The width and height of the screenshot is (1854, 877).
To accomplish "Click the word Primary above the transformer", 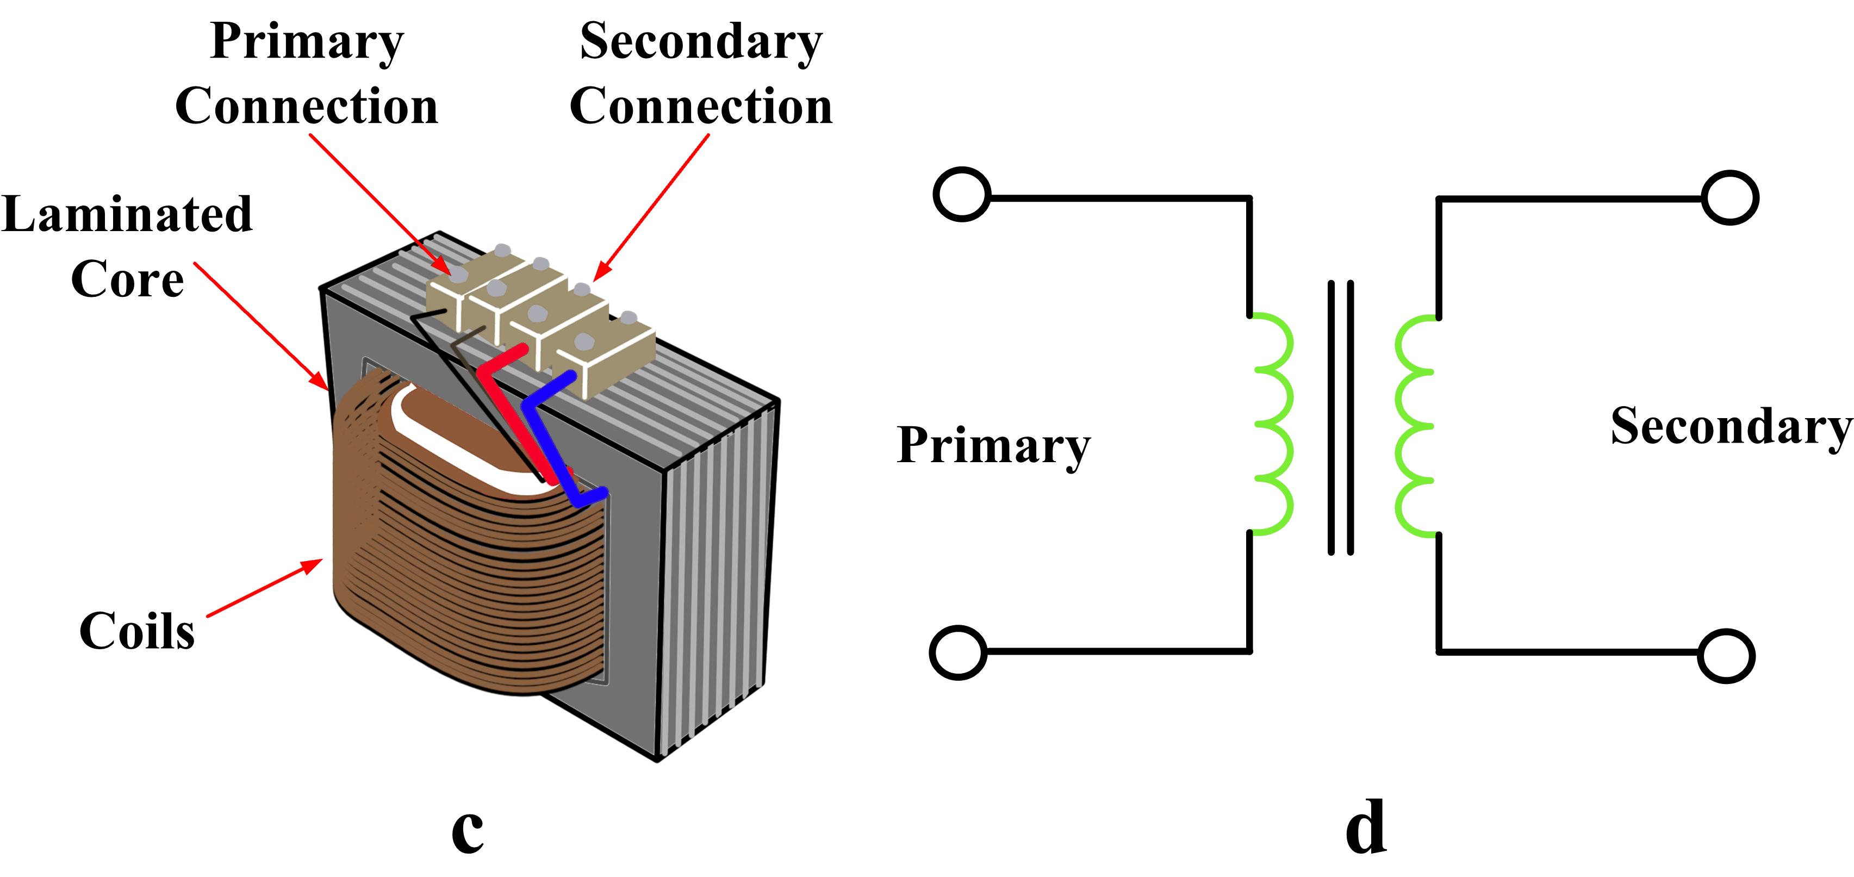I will (x=307, y=42).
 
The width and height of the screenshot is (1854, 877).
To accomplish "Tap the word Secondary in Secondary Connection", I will (x=701, y=42).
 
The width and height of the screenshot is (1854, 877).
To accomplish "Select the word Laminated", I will (x=127, y=214).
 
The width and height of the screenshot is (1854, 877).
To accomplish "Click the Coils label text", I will (x=137, y=631).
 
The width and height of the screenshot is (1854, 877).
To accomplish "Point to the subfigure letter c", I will (x=467, y=829).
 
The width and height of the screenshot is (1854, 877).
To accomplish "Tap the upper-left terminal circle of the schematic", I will (x=962, y=194).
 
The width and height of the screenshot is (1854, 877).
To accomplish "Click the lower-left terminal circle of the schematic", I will (x=958, y=652).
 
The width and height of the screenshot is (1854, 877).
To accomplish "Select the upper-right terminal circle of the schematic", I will (x=1729, y=198).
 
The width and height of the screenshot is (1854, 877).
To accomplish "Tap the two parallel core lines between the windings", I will (x=1340, y=417).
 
